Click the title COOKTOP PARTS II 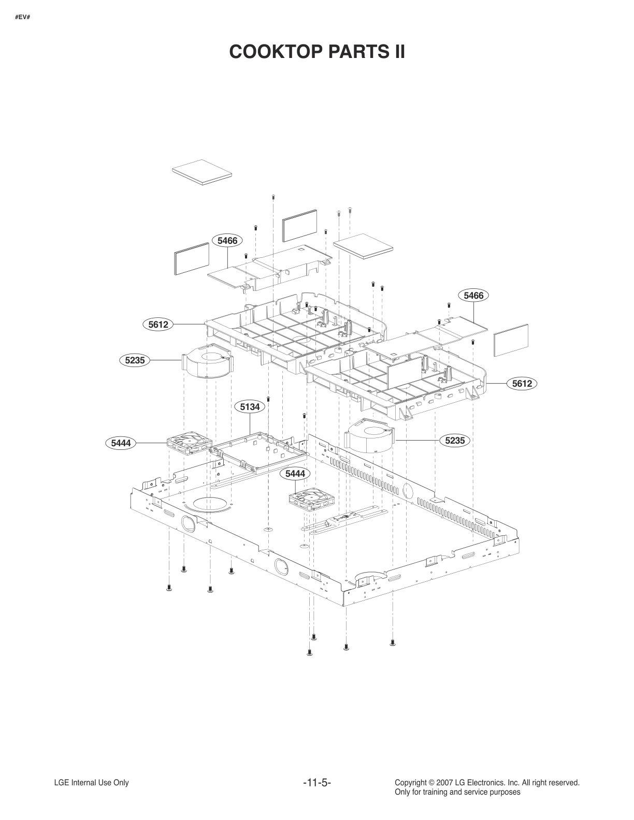click(x=316, y=52)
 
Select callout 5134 click(x=250, y=407)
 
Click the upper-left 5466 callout click(x=227, y=240)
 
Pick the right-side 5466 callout click(x=473, y=296)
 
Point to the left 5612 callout click(x=158, y=325)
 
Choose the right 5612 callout click(x=522, y=384)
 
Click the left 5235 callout click(x=135, y=360)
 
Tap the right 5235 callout click(x=455, y=441)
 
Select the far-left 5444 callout click(x=121, y=443)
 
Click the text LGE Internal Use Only click(x=91, y=783)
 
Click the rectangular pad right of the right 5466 click(x=511, y=340)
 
